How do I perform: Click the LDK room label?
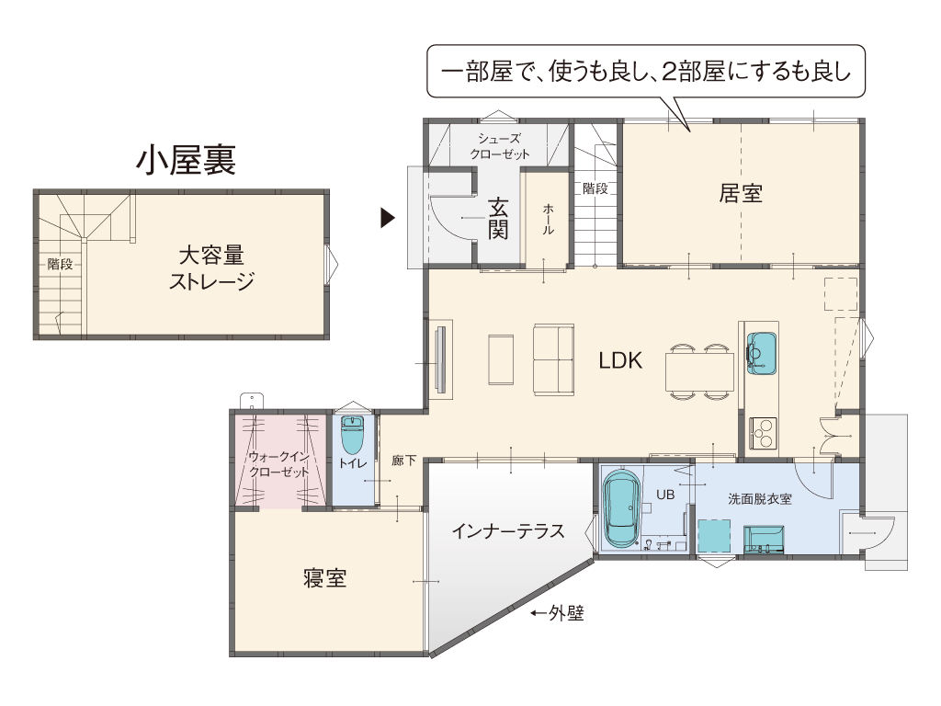620,360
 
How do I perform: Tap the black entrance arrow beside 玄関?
388,218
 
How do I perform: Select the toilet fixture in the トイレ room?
352,435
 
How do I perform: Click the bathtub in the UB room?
622,507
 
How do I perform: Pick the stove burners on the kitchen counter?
763,433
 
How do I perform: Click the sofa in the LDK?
553,359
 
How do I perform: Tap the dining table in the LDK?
699,371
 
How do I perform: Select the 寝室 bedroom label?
324,578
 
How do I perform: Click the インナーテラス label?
507,530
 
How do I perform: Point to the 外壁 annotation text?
566,613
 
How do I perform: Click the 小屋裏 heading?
186,160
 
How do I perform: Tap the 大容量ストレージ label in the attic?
211,268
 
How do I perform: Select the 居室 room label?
741,193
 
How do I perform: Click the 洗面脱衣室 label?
760,499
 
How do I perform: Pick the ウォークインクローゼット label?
279,464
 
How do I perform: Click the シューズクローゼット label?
499,146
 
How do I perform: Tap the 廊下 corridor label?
403,461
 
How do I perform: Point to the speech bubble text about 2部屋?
646,72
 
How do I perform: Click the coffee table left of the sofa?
501,359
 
